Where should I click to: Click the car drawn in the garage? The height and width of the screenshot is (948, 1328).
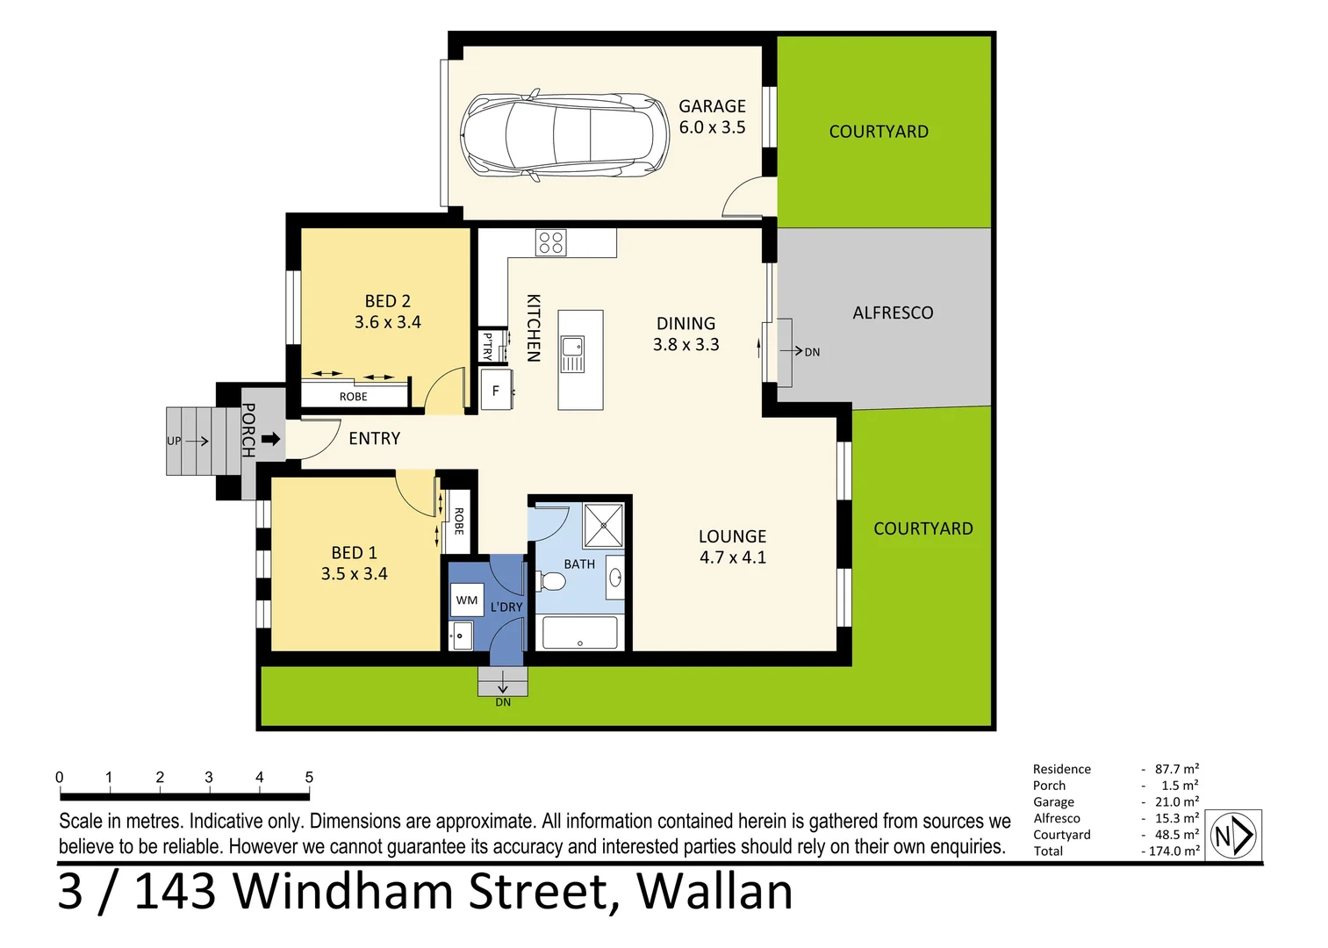tap(564, 135)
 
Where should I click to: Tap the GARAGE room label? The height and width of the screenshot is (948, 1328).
tap(712, 106)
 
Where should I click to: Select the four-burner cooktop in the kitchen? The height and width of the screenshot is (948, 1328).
tap(551, 243)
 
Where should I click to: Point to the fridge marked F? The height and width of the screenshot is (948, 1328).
tap(496, 391)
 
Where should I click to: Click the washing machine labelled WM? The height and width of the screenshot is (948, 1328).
tap(467, 600)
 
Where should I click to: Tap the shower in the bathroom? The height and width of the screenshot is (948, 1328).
tap(604, 524)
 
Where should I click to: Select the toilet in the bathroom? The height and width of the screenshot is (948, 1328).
tap(550, 581)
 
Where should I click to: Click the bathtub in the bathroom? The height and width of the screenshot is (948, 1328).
tap(579, 633)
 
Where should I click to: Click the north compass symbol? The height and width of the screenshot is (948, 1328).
tap(1233, 835)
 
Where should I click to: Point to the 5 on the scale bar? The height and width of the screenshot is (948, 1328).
tap(309, 778)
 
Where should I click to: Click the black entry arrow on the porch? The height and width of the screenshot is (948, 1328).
tap(271, 439)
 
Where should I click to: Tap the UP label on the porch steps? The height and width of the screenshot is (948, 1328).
tap(174, 441)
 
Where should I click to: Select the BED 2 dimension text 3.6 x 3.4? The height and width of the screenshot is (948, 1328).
tap(387, 322)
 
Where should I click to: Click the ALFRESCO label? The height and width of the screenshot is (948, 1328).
tap(893, 312)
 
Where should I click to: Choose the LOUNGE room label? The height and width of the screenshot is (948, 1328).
tap(732, 536)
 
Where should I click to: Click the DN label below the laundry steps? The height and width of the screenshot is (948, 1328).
tap(503, 702)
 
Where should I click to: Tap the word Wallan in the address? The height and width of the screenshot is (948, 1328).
tap(714, 892)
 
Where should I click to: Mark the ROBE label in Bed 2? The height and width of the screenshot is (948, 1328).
tap(354, 397)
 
